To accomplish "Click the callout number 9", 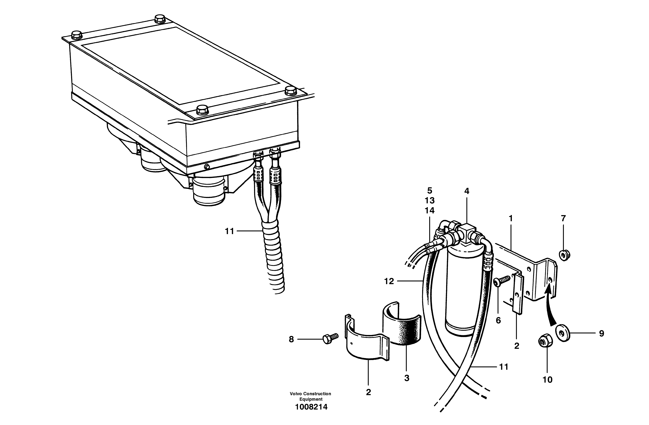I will click(601, 333).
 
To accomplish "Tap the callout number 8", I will click(291, 339).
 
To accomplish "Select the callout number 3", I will click(407, 378).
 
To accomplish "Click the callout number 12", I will click(389, 281).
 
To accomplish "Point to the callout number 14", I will click(429, 211).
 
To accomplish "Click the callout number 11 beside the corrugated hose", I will click(230, 231).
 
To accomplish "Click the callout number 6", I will click(498, 320).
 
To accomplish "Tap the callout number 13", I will click(429, 201).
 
